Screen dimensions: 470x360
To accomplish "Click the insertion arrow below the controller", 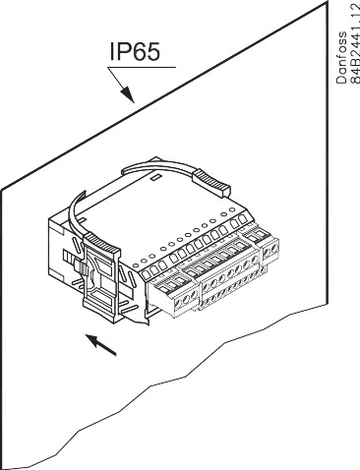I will pyautogui.click(x=101, y=345).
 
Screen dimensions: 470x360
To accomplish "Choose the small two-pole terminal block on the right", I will pyautogui.click(x=270, y=254).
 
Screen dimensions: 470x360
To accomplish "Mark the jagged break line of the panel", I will pyautogui.click(x=177, y=393).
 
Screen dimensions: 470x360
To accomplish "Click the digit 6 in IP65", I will pyautogui.click(x=141, y=51).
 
